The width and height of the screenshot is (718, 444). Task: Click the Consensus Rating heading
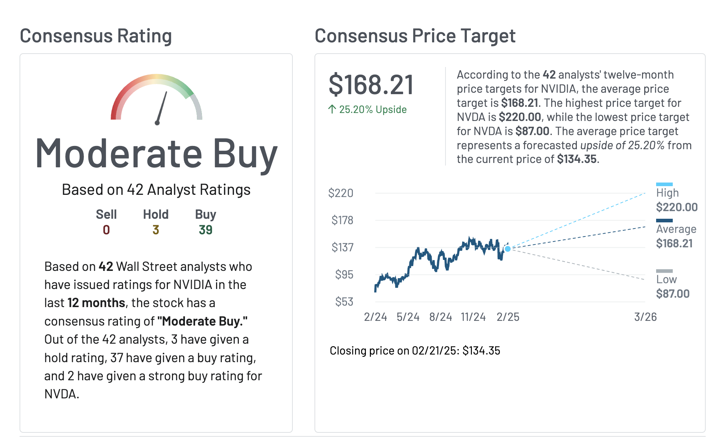[96, 36]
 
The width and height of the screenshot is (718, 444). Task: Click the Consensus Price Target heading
[415, 36]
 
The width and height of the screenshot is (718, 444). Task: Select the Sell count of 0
[106, 230]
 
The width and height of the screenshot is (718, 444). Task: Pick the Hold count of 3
[156, 230]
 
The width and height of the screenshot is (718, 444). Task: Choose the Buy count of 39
[205, 230]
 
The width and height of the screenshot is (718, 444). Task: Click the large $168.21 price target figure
[371, 85]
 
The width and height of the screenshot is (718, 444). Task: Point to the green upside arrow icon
[332, 109]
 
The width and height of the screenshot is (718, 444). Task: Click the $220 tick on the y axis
[341, 193]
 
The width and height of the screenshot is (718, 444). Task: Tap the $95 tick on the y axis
[344, 275]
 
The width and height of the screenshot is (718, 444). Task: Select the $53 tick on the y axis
[344, 302]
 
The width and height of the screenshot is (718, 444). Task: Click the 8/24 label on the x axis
[440, 317]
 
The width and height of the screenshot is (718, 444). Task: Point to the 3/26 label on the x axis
[645, 317]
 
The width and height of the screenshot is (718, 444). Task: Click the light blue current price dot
[508, 249]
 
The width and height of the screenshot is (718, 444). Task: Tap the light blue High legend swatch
[664, 184]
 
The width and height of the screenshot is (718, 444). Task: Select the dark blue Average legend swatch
[664, 221]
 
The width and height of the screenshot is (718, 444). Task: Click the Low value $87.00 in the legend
[673, 294]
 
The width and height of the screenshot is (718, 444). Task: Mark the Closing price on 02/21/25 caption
[415, 351]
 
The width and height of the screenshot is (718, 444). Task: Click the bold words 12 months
[96, 303]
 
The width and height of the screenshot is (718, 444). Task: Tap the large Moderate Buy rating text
[156, 154]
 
